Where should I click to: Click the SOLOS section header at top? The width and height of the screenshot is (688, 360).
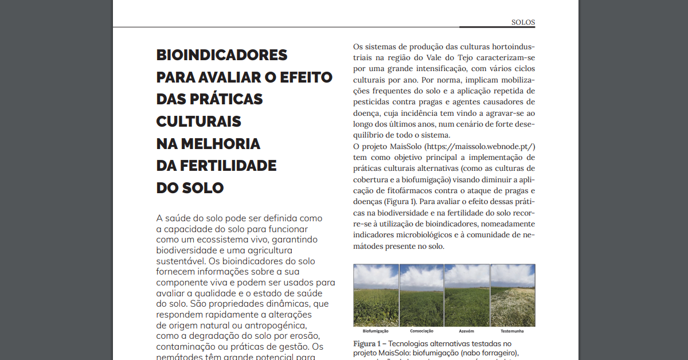point(523,22)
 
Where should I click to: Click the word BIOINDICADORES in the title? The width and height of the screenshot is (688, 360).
point(222,56)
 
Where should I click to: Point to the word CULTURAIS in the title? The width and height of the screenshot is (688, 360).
point(198,122)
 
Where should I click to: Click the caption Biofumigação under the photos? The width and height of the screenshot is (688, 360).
point(376,331)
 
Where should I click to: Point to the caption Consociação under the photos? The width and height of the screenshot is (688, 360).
point(421,331)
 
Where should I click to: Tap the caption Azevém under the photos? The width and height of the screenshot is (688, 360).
point(467,331)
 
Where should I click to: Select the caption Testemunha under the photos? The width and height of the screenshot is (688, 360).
point(512,331)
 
